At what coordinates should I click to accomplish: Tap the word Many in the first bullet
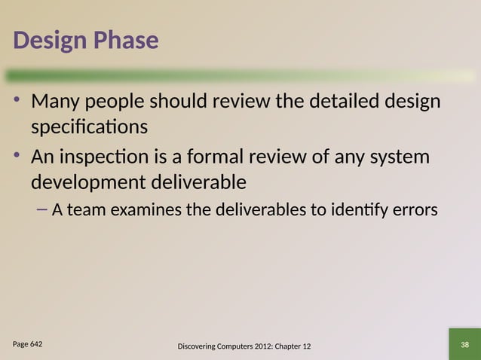pyautogui.click(x=57, y=101)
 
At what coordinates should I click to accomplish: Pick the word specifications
pyautogui.click(x=89, y=127)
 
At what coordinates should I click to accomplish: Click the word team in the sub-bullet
pyautogui.click(x=88, y=210)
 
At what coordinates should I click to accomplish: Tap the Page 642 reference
pyautogui.click(x=27, y=343)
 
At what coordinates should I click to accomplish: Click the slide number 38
pyautogui.click(x=464, y=344)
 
